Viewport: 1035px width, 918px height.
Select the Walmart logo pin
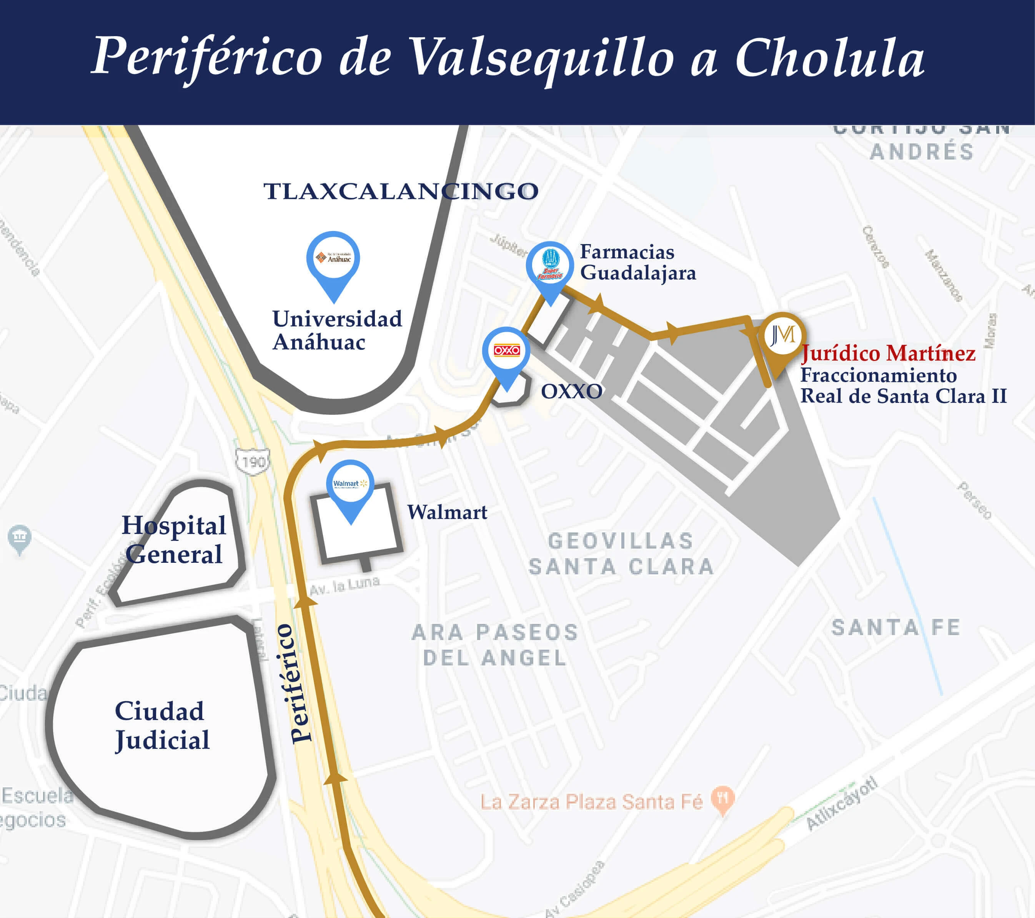350,485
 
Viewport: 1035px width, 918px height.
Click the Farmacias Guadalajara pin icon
550,266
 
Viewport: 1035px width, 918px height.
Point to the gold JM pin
782,337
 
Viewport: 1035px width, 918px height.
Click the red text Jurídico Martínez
889,353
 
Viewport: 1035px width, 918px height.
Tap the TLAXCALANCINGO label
401,191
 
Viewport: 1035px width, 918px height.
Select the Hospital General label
174,540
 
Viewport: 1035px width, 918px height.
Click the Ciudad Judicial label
161,725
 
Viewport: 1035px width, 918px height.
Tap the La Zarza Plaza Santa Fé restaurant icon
722,799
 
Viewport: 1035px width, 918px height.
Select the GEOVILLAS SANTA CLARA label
621,554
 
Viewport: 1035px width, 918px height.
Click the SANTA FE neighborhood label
896,628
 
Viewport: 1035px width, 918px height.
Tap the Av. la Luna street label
344,586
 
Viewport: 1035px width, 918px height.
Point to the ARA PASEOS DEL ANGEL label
495,645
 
